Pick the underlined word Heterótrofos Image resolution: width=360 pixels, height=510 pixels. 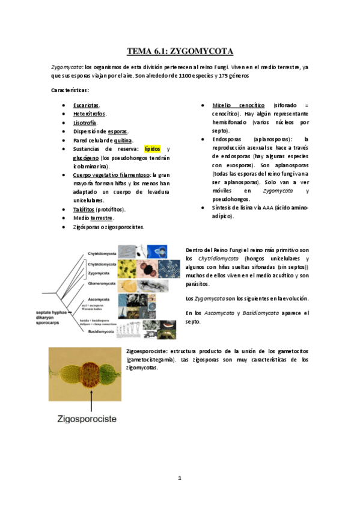90,114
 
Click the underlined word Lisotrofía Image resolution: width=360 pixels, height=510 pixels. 85,123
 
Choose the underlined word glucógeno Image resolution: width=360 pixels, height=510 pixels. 86,157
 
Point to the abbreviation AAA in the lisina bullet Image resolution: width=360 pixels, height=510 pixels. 264,207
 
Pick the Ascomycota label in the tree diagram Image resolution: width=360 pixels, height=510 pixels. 99,298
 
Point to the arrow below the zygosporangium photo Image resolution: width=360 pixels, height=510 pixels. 91,395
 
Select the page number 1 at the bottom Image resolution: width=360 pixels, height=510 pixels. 179,478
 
